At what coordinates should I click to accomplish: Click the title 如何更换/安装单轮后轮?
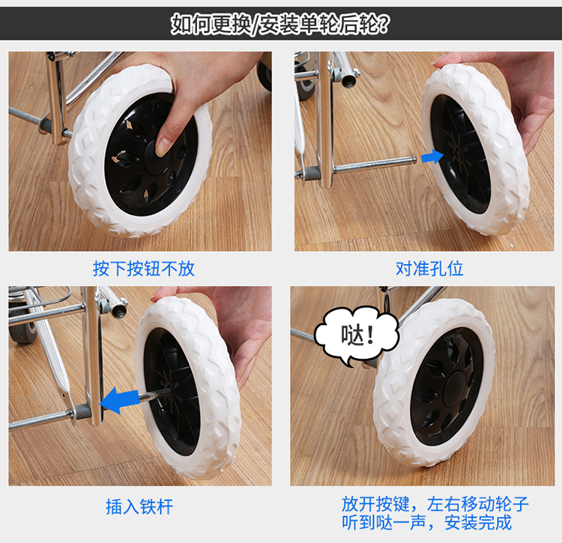click(280, 24)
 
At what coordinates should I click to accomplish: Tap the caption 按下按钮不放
click(143, 268)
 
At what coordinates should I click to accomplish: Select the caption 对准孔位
click(429, 268)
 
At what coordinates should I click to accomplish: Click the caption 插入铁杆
click(139, 506)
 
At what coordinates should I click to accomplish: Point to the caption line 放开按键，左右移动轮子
click(435, 504)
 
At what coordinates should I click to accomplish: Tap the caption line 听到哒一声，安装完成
click(426, 522)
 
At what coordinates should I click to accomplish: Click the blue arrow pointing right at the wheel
click(432, 157)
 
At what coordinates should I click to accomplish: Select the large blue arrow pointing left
click(119, 400)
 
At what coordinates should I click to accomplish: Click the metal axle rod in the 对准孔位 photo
click(374, 165)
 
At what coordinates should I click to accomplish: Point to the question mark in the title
click(383, 24)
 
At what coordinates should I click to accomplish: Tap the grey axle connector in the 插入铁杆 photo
click(82, 412)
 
